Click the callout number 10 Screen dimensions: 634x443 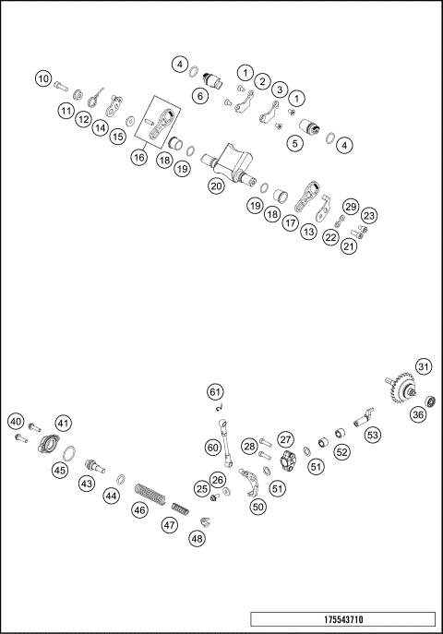[43, 79]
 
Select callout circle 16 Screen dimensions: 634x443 [138, 158]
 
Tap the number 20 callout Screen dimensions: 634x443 [216, 185]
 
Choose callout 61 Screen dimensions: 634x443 [214, 390]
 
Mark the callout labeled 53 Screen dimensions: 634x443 [373, 434]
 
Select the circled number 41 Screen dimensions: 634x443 [63, 423]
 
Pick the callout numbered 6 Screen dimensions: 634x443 [199, 95]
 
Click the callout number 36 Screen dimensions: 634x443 [418, 415]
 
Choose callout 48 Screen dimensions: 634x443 [197, 538]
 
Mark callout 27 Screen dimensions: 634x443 [286, 440]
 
